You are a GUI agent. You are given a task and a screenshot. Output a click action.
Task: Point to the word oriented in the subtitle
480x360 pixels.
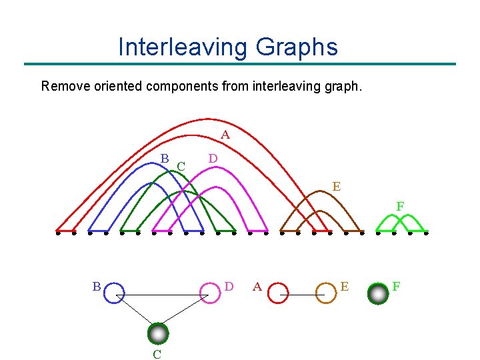click(x=117, y=86)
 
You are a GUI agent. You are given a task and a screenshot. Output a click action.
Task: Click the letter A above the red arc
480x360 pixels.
click(x=225, y=135)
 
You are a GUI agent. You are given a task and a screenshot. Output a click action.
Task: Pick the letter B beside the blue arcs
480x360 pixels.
click(x=164, y=158)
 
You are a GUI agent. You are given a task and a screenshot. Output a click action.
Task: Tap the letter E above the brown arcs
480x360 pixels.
click(x=337, y=187)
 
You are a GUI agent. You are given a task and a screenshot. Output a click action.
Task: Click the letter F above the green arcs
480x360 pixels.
click(x=400, y=207)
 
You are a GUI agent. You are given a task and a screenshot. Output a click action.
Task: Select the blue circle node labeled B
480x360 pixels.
click(x=115, y=293)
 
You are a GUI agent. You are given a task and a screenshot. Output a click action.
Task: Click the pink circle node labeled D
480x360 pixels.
click(x=210, y=293)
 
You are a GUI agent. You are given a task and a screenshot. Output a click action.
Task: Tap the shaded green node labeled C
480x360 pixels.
click(x=158, y=333)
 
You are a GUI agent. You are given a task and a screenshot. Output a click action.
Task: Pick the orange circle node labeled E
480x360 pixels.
click(x=326, y=293)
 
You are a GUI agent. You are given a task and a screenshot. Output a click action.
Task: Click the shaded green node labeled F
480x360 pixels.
click(x=379, y=293)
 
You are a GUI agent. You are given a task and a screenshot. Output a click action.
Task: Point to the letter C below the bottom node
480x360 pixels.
click(x=157, y=354)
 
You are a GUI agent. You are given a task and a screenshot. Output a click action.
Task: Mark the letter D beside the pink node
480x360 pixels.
click(x=229, y=287)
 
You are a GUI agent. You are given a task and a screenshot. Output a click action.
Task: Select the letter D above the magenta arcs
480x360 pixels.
click(x=212, y=159)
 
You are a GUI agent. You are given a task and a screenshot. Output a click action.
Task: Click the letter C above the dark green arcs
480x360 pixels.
click(x=181, y=164)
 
